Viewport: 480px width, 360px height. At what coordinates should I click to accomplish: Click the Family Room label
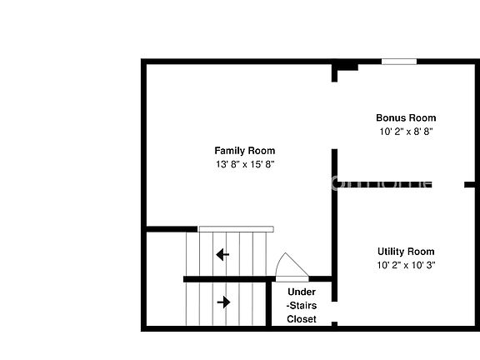tap(244, 151)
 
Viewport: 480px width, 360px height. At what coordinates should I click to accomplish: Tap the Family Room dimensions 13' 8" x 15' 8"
tap(244, 164)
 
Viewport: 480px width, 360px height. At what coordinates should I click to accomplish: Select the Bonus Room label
tap(406, 117)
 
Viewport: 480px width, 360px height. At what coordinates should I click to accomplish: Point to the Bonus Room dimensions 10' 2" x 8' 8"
tap(406, 131)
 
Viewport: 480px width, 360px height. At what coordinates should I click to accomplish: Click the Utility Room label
tap(406, 252)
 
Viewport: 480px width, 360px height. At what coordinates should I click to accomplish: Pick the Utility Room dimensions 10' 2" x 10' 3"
tap(406, 265)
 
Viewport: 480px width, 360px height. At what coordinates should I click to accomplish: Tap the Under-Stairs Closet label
tap(302, 305)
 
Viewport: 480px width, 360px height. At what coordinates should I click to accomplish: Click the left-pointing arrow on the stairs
tap(222, 254)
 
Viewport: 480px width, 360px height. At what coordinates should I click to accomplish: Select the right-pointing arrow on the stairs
tap(223, 302)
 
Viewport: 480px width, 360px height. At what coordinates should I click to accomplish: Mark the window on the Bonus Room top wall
tap(399, 61)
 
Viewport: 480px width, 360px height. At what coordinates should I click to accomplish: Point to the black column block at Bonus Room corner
tap(346, 65)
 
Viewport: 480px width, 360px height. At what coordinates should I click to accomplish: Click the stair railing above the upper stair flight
tap(236, 228)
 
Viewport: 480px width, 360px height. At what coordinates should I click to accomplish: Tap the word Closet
tap(302, 319)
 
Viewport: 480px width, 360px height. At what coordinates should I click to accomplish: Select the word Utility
tap(392, 252)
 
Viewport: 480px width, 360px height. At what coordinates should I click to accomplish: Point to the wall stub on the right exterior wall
tap(470, 184)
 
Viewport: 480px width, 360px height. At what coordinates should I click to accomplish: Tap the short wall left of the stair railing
tap(172, 228)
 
